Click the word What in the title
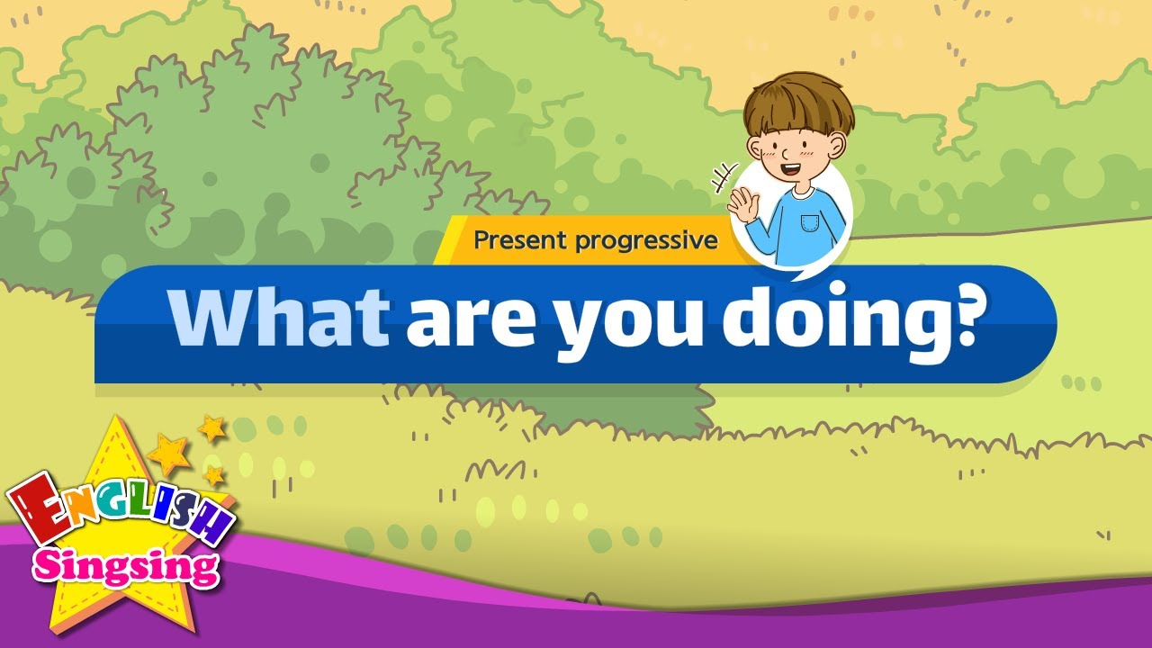[x=279, y=319]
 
